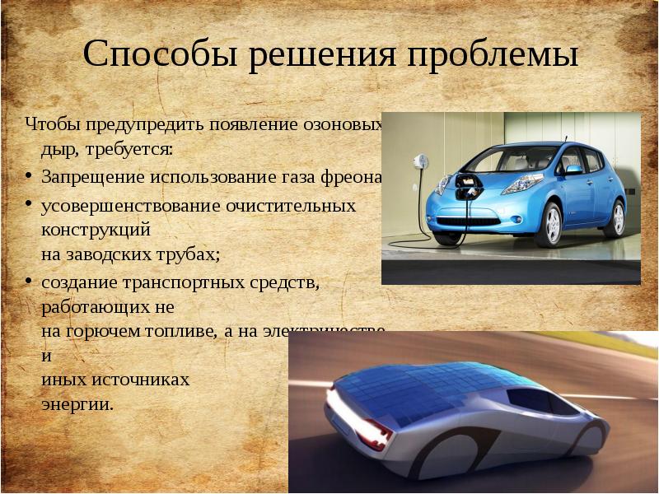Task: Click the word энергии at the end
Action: pyautogui.click(x=77, y=404)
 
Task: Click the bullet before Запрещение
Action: pyautogui.click(x=29, y=177)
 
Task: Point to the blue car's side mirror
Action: pyautogui.click(x=573, y=169)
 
